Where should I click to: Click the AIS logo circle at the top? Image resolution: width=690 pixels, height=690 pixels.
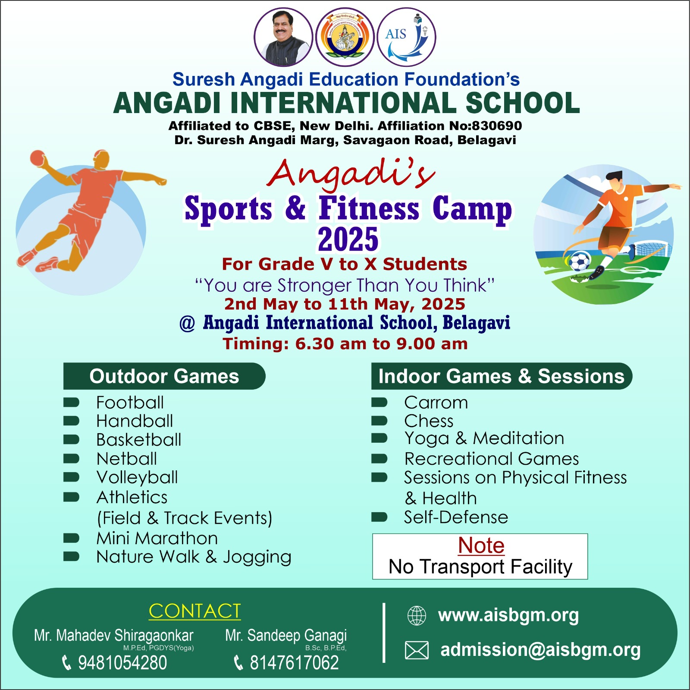tap(407, 37)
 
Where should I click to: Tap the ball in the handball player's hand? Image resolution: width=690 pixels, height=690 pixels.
tap(37, 158)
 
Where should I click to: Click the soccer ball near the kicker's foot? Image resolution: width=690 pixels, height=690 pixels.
tap(580, 262)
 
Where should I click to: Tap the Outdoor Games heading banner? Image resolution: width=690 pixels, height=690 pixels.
tap(164, 376)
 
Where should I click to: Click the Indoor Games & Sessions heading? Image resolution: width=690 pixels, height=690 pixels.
tap(502, 376)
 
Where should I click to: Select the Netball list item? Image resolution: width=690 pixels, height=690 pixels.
tap(127, 458)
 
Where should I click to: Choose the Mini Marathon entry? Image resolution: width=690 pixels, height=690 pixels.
tap(157, 538)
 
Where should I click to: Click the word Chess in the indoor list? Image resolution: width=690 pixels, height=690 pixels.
tap(429, 421)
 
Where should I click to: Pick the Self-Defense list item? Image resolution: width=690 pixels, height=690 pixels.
tap(456, 517)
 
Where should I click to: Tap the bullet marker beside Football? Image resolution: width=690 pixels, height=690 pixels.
tap(71, 403)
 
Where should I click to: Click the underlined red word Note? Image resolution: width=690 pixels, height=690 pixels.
tap(481, 545)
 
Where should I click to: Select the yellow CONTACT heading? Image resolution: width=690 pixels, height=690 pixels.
tap(194, 611)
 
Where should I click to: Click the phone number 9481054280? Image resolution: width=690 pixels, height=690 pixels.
tap(122, 663)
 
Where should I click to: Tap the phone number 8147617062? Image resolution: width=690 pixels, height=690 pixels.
tap(295, 663)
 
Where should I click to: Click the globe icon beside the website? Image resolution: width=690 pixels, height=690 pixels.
tap(417, 616)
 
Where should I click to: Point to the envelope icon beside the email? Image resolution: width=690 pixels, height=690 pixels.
tap(417, 650)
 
